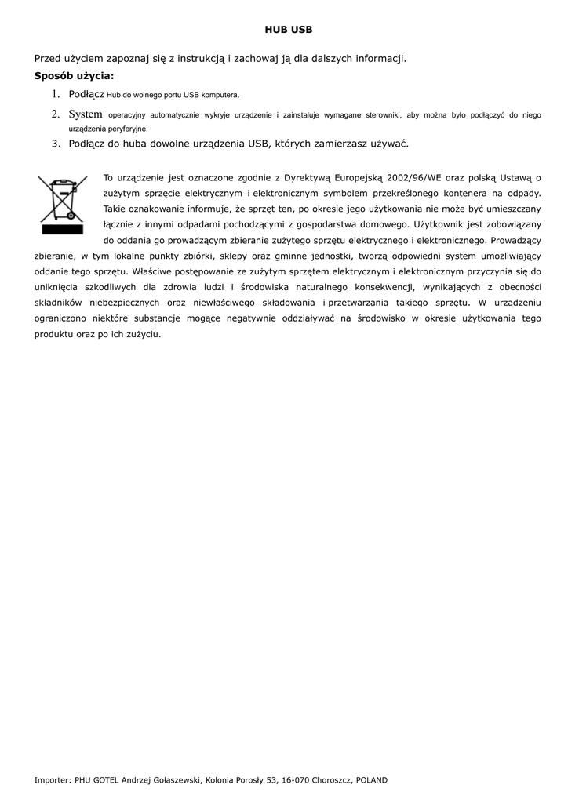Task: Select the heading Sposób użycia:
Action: point(74,76)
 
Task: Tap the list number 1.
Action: point(56,94)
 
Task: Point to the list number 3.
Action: point(56,144)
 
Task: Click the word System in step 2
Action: point(86,114)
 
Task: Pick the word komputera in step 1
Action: point(221,95)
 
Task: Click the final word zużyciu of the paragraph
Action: point(144,334)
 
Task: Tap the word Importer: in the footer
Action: point(53,780)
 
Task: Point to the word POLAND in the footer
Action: point(372,780)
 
